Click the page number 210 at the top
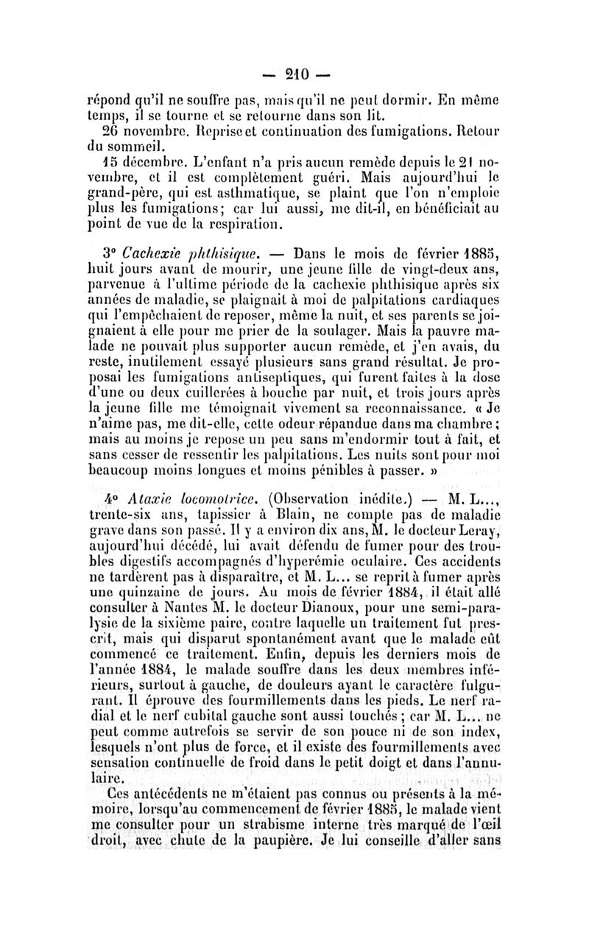[x=294, y=74]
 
